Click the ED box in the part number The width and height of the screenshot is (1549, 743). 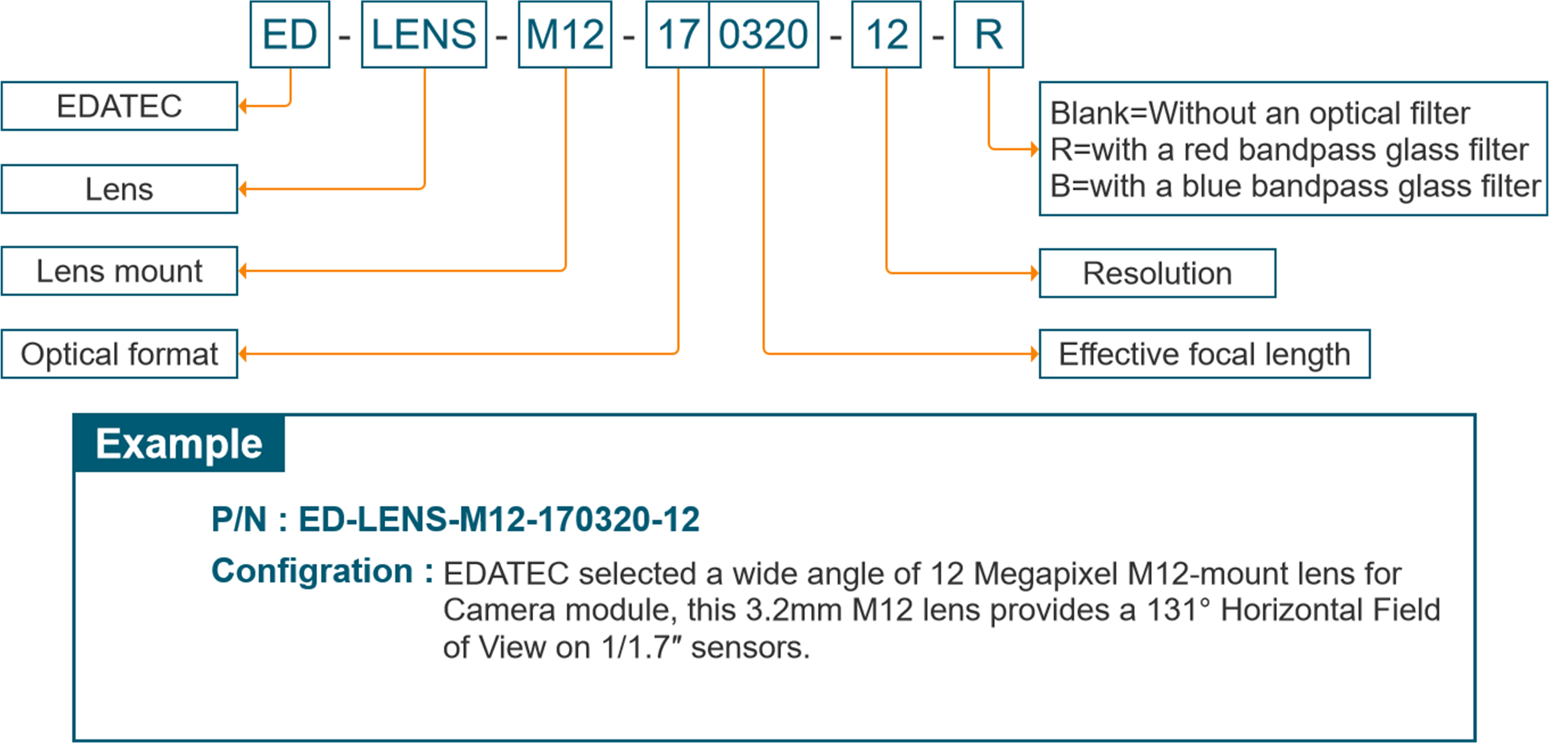290,34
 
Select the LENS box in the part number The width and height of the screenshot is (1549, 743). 424,34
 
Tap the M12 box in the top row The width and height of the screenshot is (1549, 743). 565,34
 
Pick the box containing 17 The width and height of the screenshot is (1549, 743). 678,34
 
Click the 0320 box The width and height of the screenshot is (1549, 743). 764,34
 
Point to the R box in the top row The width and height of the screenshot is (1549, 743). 988,34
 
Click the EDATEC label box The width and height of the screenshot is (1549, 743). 119,106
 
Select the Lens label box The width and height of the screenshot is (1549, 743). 119,189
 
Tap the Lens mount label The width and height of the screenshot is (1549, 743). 119,271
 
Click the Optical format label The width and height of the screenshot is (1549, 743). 119,354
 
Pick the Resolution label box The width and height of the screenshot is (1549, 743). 1157,274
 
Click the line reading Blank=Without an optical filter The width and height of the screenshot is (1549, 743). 1260,113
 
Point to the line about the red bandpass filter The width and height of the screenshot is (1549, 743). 1288,150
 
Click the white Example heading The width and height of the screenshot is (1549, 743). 179,444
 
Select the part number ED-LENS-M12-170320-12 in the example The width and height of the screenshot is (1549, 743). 499,519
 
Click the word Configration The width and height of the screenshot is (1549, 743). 312,571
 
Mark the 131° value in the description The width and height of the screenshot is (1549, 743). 1178,610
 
